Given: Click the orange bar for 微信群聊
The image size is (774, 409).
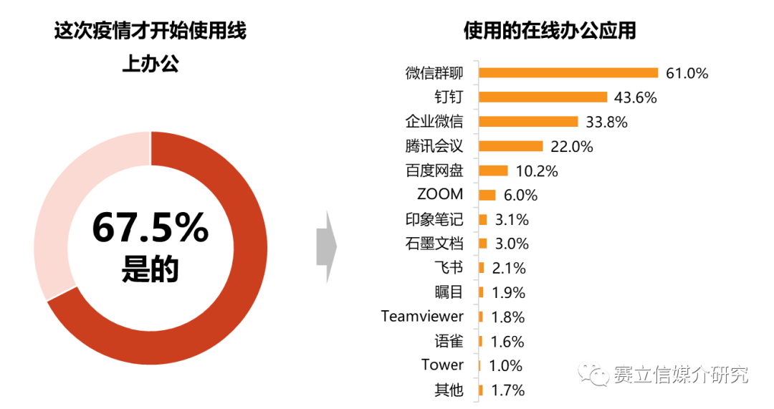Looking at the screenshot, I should point(568,72).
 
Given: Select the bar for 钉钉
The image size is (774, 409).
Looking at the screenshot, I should point(543,97).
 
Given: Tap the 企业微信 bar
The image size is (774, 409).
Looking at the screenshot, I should point(528,121).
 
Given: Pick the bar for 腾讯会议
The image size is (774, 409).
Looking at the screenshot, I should point(511,146).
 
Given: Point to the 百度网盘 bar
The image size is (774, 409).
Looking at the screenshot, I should point(493,170).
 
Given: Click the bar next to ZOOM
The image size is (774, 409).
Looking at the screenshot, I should point(487,195).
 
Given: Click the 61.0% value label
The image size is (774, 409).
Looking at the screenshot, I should point(687,73).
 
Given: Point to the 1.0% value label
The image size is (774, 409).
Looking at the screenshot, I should point(505,365).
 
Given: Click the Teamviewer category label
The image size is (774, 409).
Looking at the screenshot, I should point(422,316).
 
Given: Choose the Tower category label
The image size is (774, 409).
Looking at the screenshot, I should point(442,365).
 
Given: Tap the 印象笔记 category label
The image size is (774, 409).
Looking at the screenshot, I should point(434,219).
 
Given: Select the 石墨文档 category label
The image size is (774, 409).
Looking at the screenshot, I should point(434,244).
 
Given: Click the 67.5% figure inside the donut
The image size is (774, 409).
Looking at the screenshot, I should point(150,228).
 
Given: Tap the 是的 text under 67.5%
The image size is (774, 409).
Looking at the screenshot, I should point(150,269).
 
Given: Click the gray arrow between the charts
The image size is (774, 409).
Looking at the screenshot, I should point(326,247).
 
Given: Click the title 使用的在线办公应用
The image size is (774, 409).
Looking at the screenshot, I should point(550,32).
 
